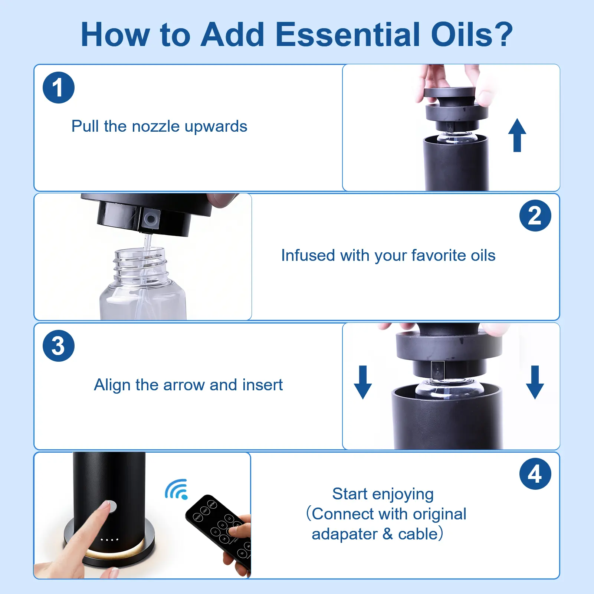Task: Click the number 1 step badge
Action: (59, 88)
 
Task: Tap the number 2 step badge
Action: (535, 216)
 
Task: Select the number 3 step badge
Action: (59, 346)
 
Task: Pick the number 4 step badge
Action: (535, 474)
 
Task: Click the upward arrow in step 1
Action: (517, 135)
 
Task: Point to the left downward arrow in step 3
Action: (363, 382)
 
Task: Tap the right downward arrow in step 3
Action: (535, 382)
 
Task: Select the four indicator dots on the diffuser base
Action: (109, 539)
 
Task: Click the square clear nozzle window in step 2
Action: (151, 219)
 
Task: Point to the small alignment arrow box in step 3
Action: (438, 371)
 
